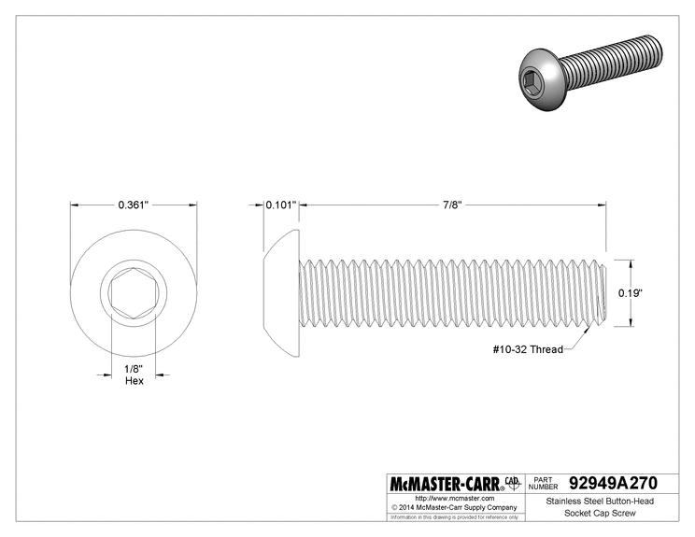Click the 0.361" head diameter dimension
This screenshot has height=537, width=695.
[x=133, y=205]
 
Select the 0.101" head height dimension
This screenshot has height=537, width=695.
[x=280, y=205]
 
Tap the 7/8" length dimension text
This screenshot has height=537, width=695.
[x=452, y=205]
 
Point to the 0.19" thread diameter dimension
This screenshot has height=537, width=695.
[x=631, y=293]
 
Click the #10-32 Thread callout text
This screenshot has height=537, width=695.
[x=528, y=349]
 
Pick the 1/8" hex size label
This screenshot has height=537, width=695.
[x=134, y=369]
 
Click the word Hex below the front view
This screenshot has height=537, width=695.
[x=135, y=381]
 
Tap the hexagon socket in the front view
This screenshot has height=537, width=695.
[x=134, y=293]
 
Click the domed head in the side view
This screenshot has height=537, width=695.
[x=281, y=293]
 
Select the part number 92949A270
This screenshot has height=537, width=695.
[x=613, y=483]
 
